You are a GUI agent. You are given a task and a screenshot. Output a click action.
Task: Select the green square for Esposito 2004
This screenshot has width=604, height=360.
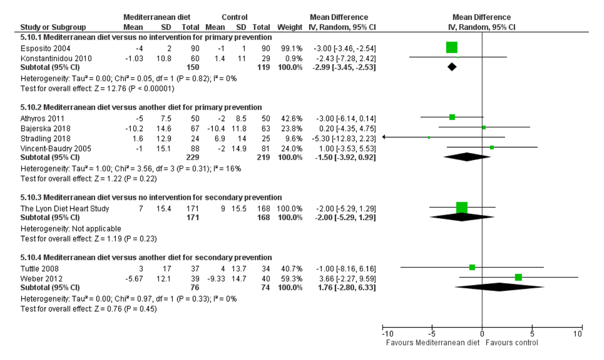(451, 48)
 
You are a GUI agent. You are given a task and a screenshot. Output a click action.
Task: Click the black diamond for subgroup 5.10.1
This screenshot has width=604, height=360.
(452, 67)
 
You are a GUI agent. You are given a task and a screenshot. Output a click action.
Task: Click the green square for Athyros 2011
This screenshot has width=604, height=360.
(452, 117)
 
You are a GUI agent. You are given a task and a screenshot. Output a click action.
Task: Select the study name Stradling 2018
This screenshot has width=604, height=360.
(42, 138)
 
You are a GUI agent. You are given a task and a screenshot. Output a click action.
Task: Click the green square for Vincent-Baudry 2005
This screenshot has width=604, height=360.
(492, 148)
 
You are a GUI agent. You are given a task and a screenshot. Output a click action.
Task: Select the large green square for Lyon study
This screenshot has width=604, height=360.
(462, 207)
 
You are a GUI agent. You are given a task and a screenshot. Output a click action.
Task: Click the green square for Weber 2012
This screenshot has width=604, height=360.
(518, 277)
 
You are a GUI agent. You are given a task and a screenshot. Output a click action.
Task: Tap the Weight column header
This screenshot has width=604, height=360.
(289, 27)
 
